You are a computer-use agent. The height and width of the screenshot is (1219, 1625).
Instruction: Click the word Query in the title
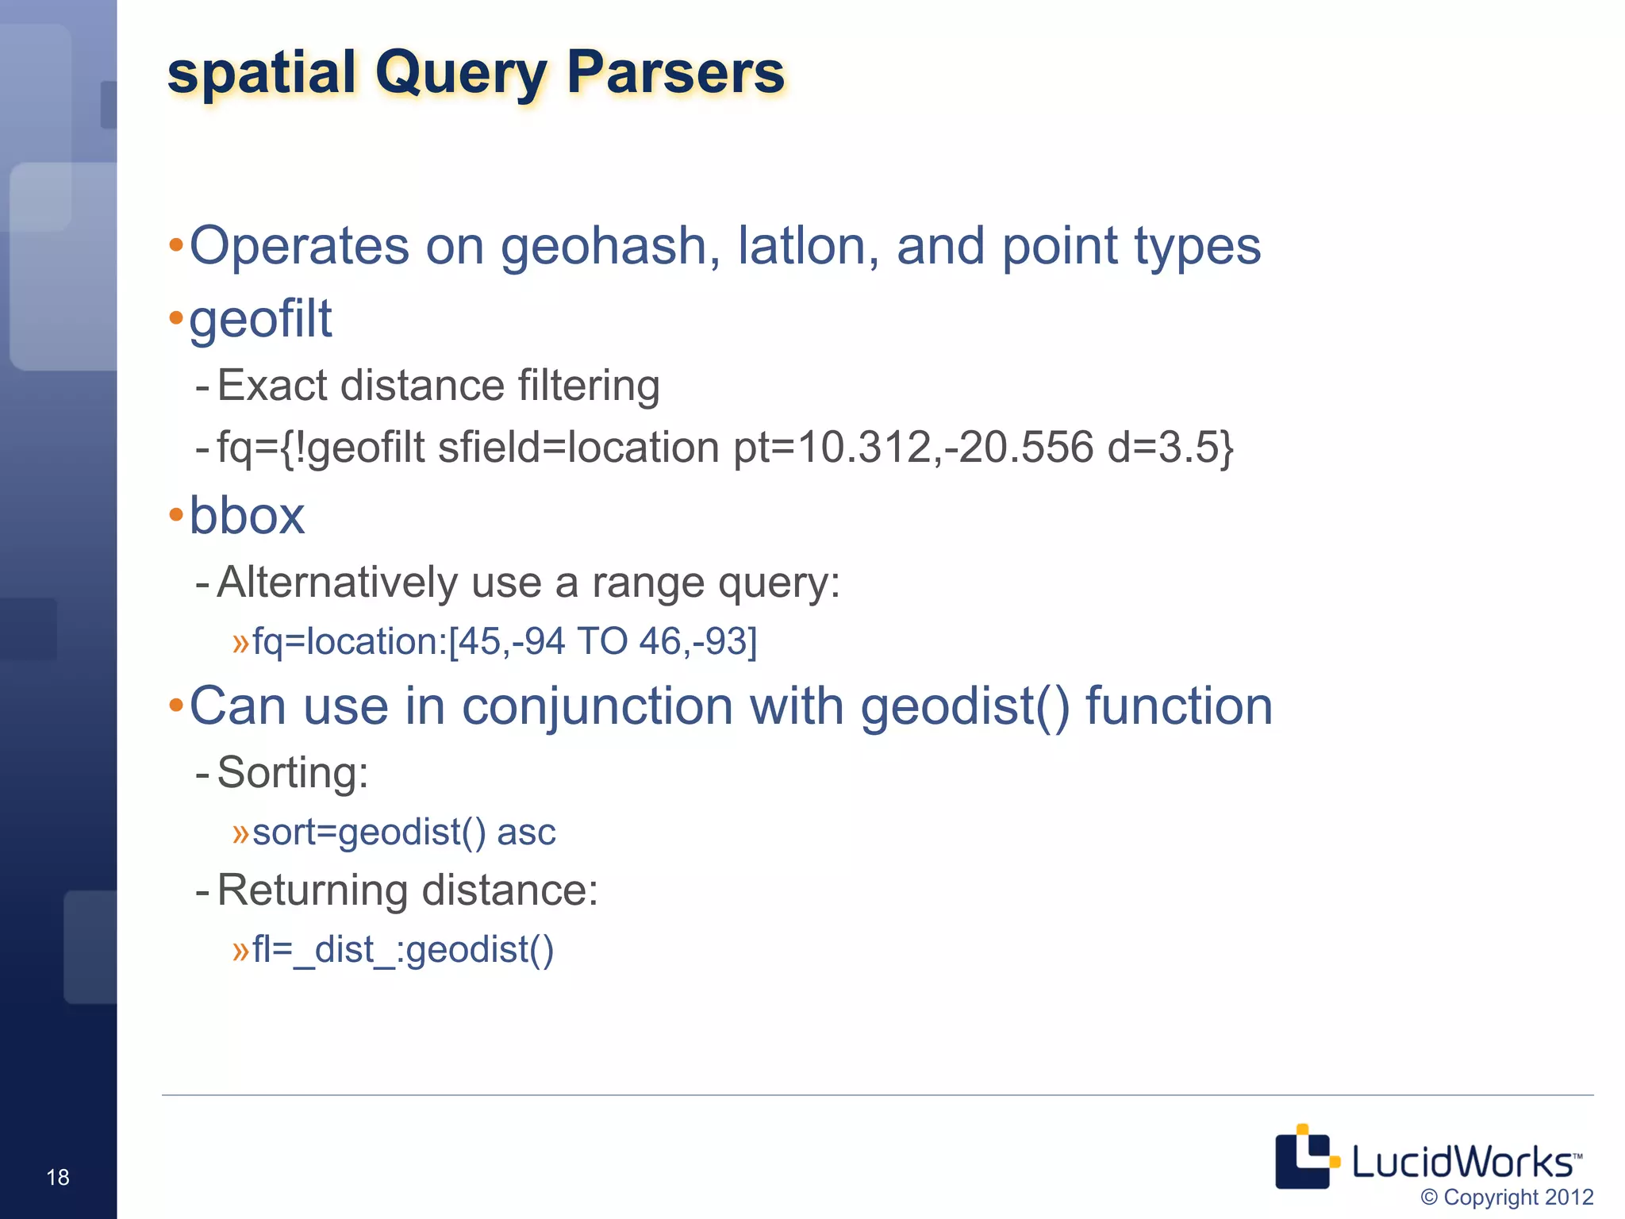click(x=461, y=74)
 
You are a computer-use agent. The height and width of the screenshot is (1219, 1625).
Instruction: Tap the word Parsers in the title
click(x=675, y=72)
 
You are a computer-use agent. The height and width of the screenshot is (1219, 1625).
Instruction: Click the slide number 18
click(x=58, y=1177)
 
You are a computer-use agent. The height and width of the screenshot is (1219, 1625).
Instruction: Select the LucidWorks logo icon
click(x=1306, y=1157)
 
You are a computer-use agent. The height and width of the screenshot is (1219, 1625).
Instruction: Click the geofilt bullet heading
click(x=260, y=319)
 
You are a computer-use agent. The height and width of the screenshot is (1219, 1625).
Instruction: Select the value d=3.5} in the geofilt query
click(x=1170, y=447)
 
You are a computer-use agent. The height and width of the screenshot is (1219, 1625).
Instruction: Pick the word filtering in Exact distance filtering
click(x=589, y=386)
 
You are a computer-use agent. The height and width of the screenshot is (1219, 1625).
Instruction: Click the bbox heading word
click(x=247, y=516)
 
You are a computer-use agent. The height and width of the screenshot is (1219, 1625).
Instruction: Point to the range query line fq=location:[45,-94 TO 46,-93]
click(x=505, y=641)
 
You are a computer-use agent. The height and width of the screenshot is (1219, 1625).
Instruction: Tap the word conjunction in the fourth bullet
click(x=597, y=706)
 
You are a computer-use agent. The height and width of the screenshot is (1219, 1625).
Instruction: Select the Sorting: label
click(x=293, y=772)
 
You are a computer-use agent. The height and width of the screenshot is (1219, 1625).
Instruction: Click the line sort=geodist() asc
click(x=404, y=833)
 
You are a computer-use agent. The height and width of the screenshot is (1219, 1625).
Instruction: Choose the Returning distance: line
click(x=407, y=890)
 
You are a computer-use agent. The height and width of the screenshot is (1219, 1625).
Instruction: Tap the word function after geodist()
click(x=1178, y=706)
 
